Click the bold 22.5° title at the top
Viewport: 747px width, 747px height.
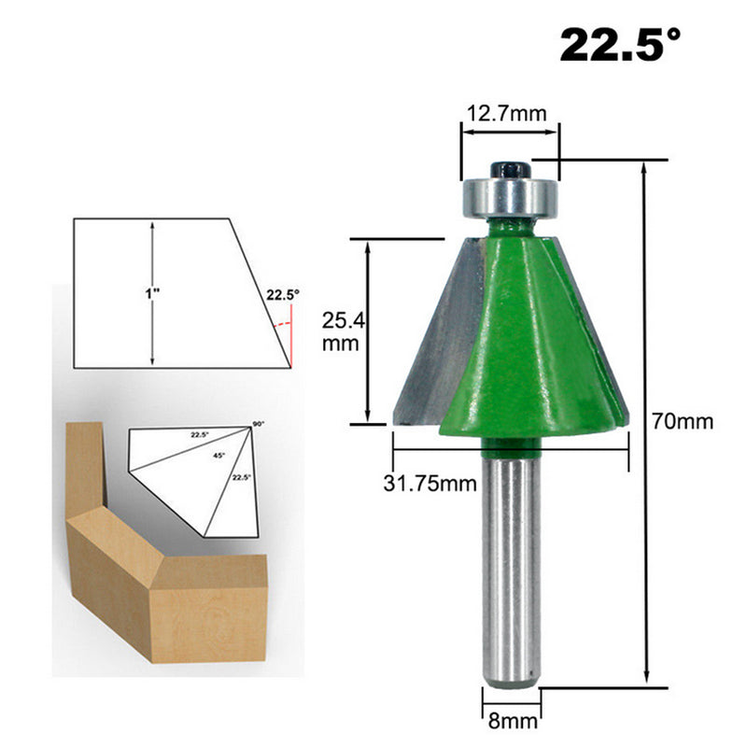pos(620,44)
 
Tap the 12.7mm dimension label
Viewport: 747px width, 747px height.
pos(508,114)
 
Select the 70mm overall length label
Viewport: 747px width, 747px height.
pos(683,421)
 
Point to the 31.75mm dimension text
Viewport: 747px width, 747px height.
pos(430,482)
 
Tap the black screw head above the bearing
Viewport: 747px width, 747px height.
pos(510,169)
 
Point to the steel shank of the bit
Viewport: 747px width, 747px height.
pos(510,570)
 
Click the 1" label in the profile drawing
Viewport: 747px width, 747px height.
pos(152,293)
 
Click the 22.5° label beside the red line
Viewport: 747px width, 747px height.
pos(282,294)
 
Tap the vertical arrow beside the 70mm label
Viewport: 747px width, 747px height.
pos(645,420)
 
